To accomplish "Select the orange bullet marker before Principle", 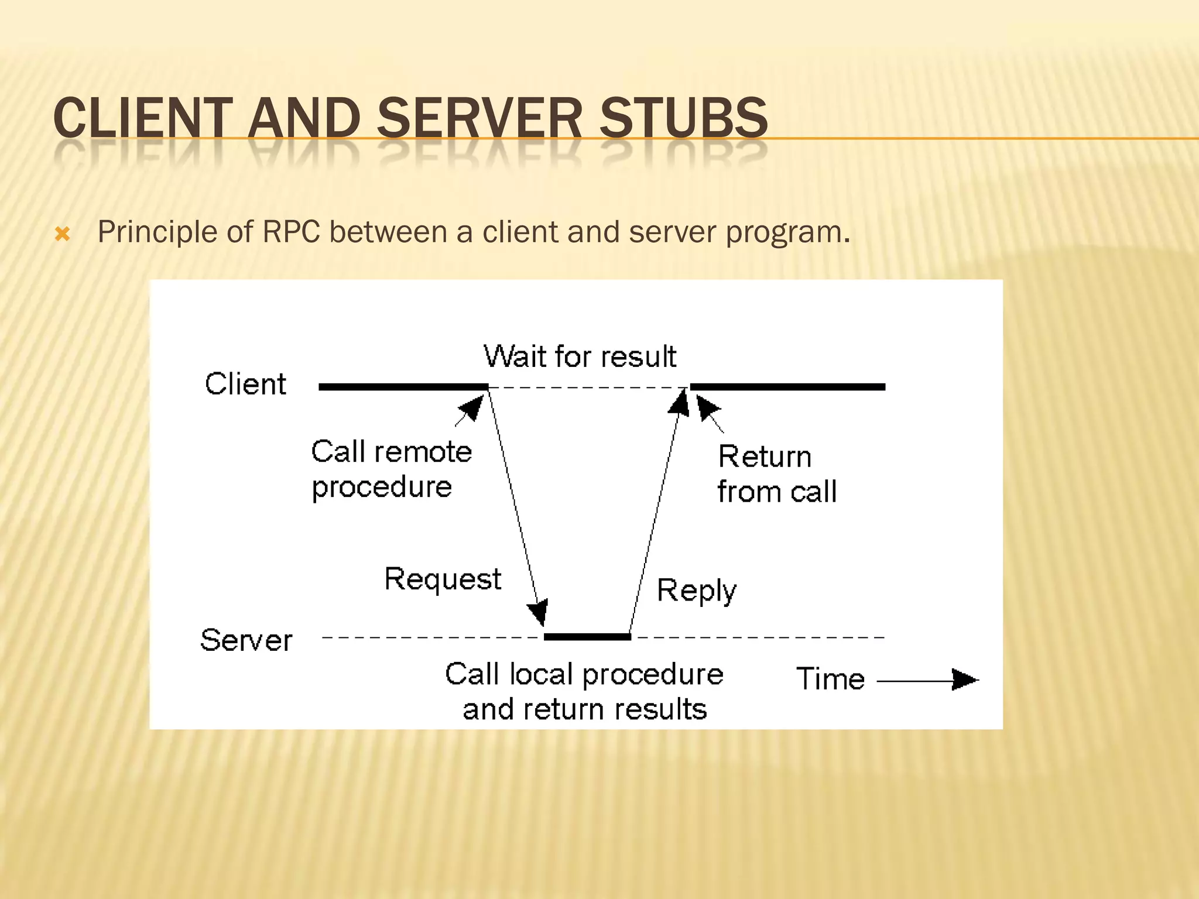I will click(62, 235).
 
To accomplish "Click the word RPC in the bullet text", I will click(291, 232).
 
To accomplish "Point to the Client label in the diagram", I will click(245, 385).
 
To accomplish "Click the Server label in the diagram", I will click(246, 640).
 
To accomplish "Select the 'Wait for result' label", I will click(580, 356).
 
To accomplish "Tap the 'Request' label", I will click(443, 579).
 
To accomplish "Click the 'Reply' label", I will click(696, 591).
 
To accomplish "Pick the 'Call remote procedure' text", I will click(391, 469).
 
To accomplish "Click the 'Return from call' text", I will click(776, 473).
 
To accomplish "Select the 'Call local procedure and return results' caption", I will click(584, 691).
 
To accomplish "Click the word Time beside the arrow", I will click(830, 679).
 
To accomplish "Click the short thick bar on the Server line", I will click(587, 637).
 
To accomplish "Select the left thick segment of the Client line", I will click(403, 387).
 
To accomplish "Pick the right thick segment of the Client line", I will click(787, 387).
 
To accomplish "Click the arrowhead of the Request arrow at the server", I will click(539, 613).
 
